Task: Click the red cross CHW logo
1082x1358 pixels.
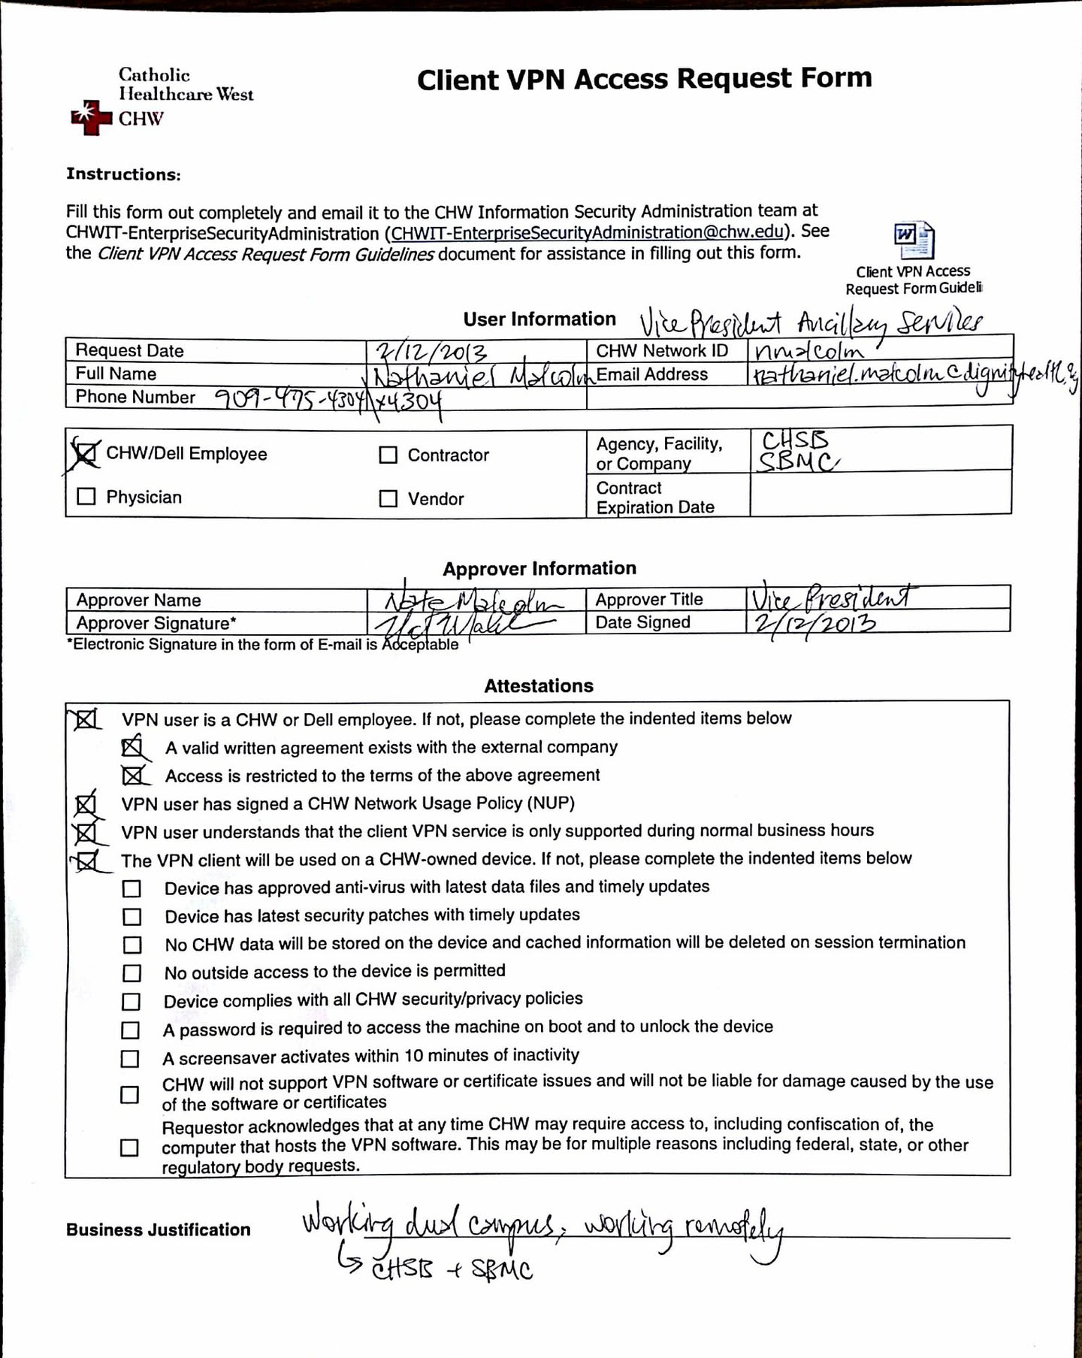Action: (x=91, y=117)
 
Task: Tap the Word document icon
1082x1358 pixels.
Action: (x=914, y=240)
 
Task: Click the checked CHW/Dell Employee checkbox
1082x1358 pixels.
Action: (x=85, y=453)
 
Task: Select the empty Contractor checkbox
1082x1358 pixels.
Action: (x=388, y=455)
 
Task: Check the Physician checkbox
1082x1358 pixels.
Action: (x=86, y=497)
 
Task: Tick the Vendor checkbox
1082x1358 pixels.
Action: (x=388, y=498)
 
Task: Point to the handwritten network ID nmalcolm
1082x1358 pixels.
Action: (x=808, y=350)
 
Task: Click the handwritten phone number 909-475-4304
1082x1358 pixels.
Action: (x=290, y=398)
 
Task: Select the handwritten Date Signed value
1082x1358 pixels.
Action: (x=811, y=624)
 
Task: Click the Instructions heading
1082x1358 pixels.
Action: (x=123, y=174)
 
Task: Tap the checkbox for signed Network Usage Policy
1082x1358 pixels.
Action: (x=86, y=805)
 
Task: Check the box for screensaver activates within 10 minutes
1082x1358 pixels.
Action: (x=130, y=1058)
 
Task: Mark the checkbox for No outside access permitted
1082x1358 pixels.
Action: (x=131, y=973)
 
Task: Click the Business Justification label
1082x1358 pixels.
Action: (x=158, y=1229)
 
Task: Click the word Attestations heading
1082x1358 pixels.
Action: (x=538, y=685)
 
